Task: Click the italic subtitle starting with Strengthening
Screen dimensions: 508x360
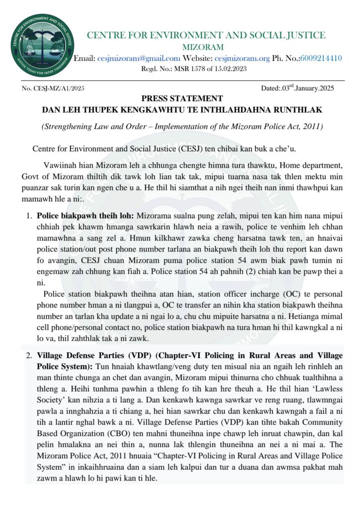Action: pyautogui.click(x=182, y=127)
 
